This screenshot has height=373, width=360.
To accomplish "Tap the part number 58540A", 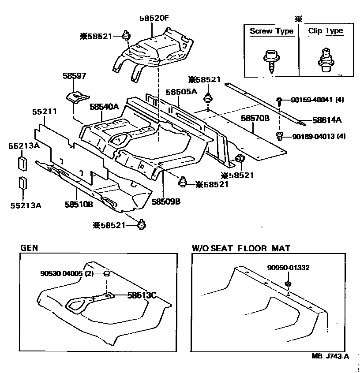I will (x=104, y=107).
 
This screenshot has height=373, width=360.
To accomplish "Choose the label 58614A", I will (x=327, y=119).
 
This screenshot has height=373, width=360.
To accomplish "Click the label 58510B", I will (x=78, y=205).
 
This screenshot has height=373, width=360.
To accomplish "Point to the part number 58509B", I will (x=165, y=201).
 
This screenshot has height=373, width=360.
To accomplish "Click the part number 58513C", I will (x=142, y=295).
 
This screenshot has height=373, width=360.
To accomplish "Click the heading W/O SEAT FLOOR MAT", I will (x=241, y=249).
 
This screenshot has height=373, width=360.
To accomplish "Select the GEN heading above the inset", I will (x=29, y=248).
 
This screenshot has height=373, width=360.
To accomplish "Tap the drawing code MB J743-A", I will (x=330, y=357).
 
